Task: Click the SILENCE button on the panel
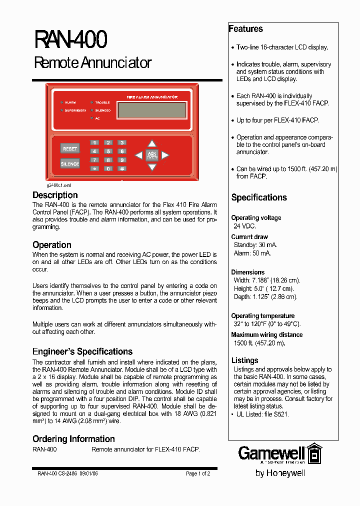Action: pos(70,163)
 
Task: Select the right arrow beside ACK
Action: pos(165,155)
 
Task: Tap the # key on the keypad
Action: pos(121,168)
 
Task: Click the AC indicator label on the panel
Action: pos(97,118)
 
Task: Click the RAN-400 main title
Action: pos(70,40)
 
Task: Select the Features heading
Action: pos(245,29)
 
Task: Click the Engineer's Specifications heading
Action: pos(82,351)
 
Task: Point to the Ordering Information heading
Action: pos(73,439)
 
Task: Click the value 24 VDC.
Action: pos(244,226)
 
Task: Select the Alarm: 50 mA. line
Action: pos(252,253)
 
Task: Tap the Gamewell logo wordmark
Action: pos(271,453)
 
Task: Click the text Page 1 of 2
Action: pos(198,473)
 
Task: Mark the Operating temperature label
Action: pos(262,316)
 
